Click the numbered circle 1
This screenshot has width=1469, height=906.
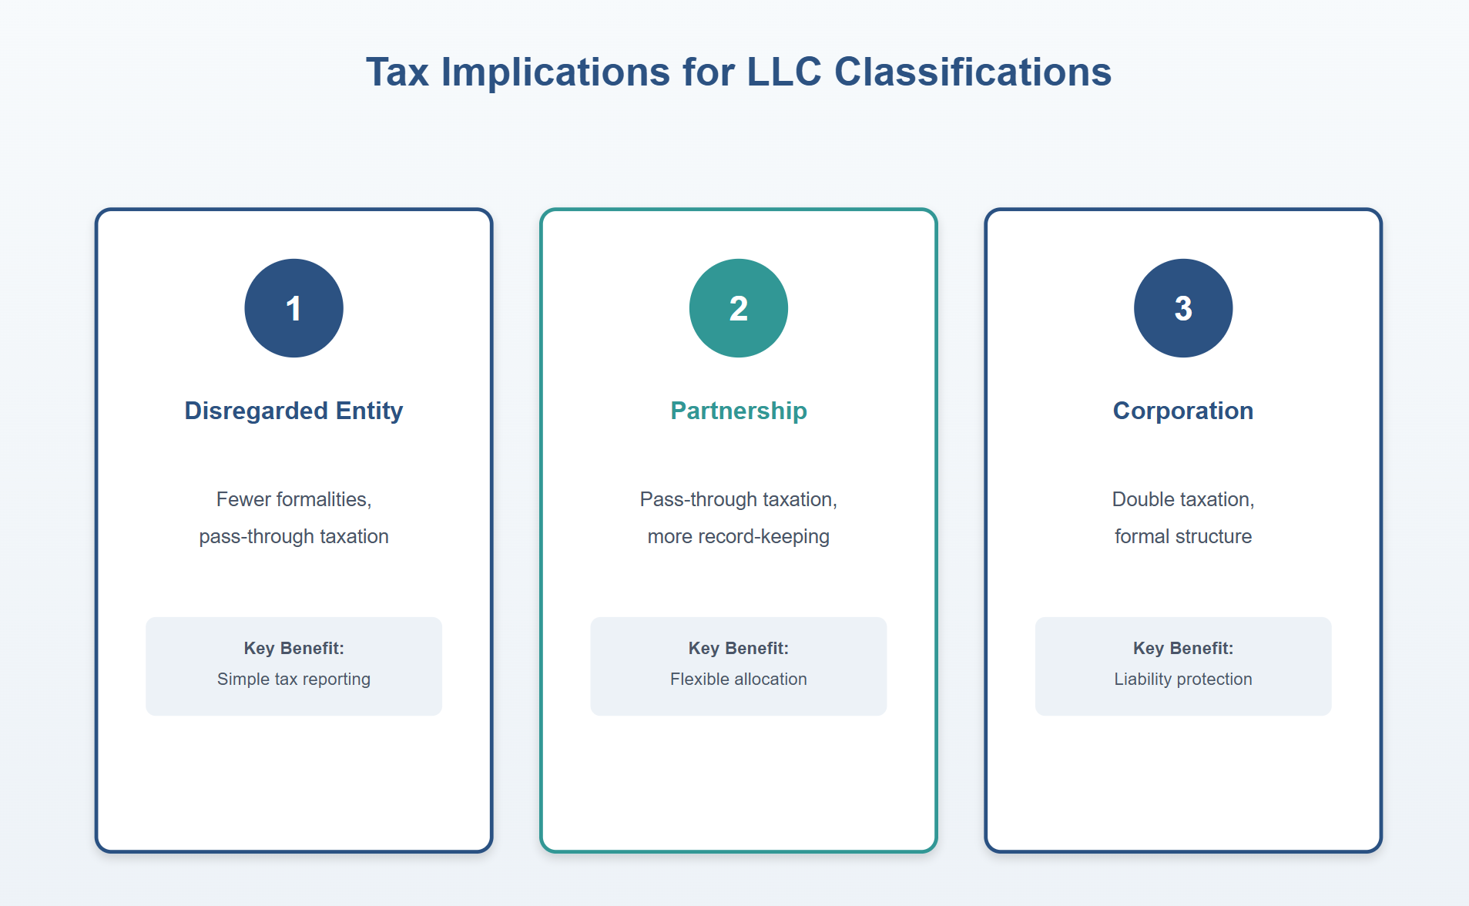click(x=293, y=308)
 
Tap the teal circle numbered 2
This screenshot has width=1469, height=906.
click(x=738, y=308)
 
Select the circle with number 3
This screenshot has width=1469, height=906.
click(x=1182, y=308)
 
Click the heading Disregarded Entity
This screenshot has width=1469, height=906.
click(x=293, y=411)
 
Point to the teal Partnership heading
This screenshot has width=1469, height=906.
click(x=738, y=411)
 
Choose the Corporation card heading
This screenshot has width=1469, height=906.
click(x=1182, y=411)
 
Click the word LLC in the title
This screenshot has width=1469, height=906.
click(x=784, y=72)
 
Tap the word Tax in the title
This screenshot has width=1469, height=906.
click(x=397, y=72)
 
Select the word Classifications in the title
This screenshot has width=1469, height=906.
click(x=972, y=72)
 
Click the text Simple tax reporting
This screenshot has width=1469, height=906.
click(x=293, y=679)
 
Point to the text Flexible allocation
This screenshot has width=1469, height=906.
click(x=738, y=679)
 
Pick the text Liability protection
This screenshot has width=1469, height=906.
click(x=1182, y=679)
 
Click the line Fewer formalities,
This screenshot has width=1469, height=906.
click(x=293, y=499)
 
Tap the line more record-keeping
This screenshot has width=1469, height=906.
click(x=738, y=536)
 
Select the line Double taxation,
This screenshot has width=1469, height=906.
click(x=1182, y=499)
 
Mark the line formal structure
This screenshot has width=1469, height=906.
click(x=1182, y=536)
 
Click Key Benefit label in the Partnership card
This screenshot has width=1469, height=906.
click(x=738, y=648)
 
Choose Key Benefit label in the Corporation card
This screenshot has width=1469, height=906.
click(x=1182, y=648)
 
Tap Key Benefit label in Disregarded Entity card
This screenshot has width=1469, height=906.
click(x=293, y=648)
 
